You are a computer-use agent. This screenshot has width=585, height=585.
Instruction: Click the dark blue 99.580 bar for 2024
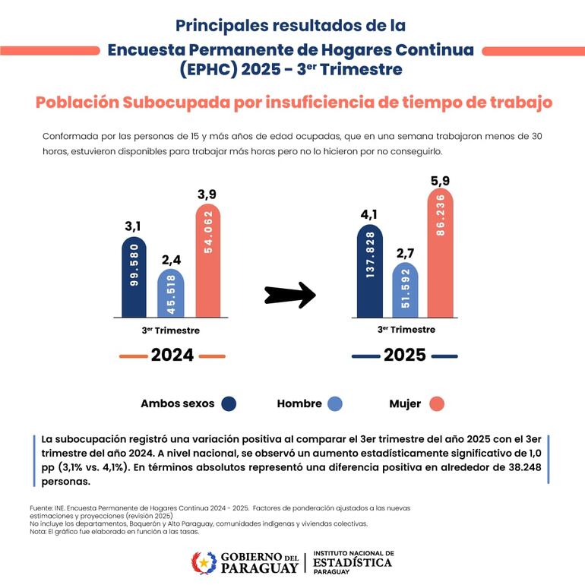coord(134,277)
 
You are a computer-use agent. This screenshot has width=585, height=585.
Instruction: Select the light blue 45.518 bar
coord(170,292)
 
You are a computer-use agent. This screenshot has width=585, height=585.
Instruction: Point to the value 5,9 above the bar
coord(441,181)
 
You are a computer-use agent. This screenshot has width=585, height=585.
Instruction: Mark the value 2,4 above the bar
coord(170,261)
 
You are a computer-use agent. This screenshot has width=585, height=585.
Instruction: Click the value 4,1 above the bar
coord(370,215)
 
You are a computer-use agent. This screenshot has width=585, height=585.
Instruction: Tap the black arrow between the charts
coord(289,295)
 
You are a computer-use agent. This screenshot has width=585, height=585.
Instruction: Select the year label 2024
coord(172,355)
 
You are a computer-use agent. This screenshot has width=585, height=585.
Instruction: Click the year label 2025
coord(404,355)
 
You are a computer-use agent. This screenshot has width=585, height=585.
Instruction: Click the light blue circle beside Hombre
coord(334,404)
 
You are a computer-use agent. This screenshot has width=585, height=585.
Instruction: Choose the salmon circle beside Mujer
coord(436,404)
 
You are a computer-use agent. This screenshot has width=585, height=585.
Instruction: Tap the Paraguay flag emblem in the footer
coord(203,563)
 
